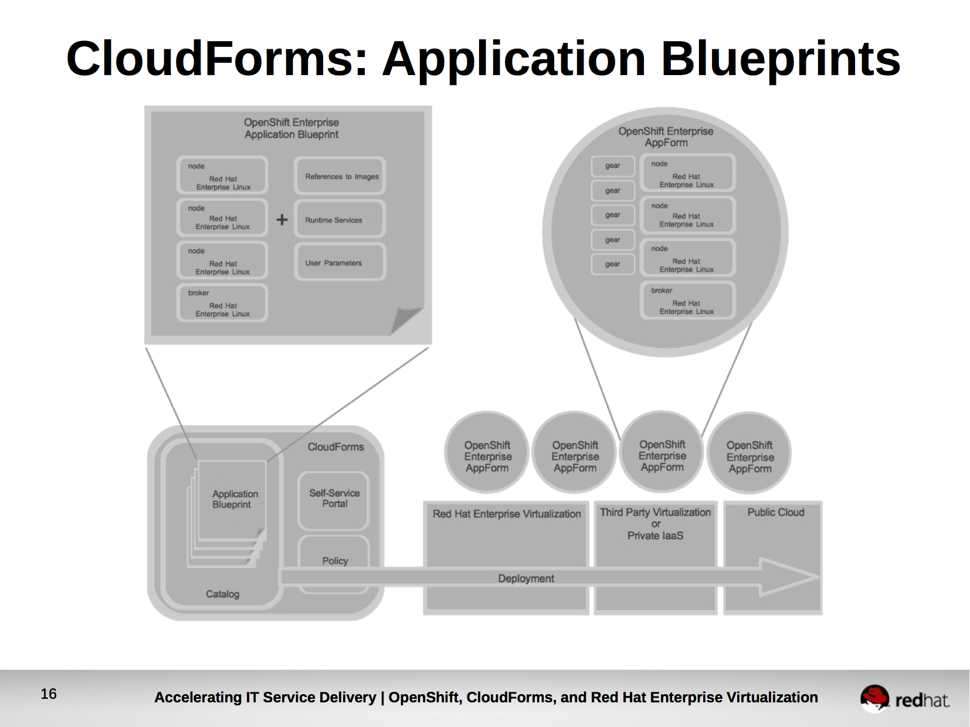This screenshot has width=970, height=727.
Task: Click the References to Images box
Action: (340, 176)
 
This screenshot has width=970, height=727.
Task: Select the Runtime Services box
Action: (340, 219)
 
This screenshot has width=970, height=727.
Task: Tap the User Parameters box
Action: (340, 262)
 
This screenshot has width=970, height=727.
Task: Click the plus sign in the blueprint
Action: (282, 219)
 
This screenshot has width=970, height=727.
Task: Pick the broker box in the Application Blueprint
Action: (222, 303)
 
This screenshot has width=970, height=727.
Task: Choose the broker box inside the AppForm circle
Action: (687, 300)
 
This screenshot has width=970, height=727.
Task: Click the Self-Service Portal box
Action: (334, 499)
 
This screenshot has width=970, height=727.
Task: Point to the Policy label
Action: (335, 561)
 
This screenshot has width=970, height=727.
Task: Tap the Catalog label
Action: (222, 594)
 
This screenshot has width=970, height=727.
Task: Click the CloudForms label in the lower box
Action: (335, 447)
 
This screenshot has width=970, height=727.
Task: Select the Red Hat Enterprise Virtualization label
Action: (507, 514)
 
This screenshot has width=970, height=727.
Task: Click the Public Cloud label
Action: (775, 512)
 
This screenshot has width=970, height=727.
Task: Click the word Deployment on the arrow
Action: (525, 579)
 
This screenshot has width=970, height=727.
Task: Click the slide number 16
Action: (49, 694)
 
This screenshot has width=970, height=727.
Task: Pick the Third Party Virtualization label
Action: (655, 512)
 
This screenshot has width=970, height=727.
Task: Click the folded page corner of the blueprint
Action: (406, 320)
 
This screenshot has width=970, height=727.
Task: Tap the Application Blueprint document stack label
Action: (235, 499)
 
